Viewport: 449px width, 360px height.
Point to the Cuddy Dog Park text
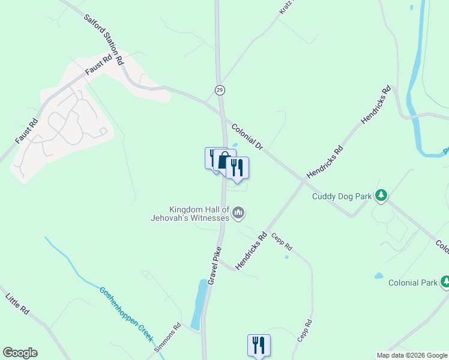click(342, 196)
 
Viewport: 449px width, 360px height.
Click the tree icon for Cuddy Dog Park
click(381, 195)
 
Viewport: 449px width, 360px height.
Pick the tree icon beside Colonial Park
click(445, 281)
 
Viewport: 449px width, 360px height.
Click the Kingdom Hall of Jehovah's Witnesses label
click(199, 214)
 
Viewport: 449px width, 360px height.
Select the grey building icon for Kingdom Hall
click(238, 212)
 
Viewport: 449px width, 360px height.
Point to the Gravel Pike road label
click(215, 265)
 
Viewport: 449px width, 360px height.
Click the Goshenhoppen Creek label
click(127, 314)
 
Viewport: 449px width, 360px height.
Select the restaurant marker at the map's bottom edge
click(259, 345)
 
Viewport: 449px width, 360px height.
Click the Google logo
click(20, 353)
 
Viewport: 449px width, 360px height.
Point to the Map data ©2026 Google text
click(412, 355)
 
